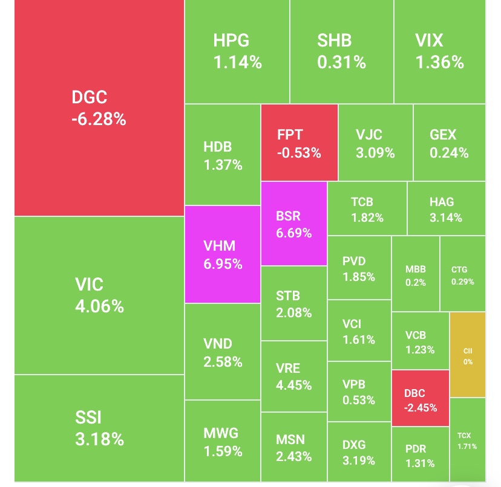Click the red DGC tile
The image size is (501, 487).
99,108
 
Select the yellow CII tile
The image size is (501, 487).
468,355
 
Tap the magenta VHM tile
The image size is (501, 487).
223,254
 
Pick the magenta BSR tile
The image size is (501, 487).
294,224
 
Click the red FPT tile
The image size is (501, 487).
299,143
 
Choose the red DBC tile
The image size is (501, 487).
420,399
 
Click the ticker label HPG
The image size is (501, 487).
231,41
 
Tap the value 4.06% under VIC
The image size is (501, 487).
99,306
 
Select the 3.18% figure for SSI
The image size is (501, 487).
99,438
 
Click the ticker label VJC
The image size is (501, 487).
369,135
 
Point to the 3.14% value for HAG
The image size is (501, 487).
445,218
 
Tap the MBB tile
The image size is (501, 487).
416,274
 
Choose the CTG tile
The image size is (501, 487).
463,274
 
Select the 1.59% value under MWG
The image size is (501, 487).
223,451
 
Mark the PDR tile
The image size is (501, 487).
420,456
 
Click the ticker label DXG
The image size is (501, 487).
354,445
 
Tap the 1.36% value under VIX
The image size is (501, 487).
439,62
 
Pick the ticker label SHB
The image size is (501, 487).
334,41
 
